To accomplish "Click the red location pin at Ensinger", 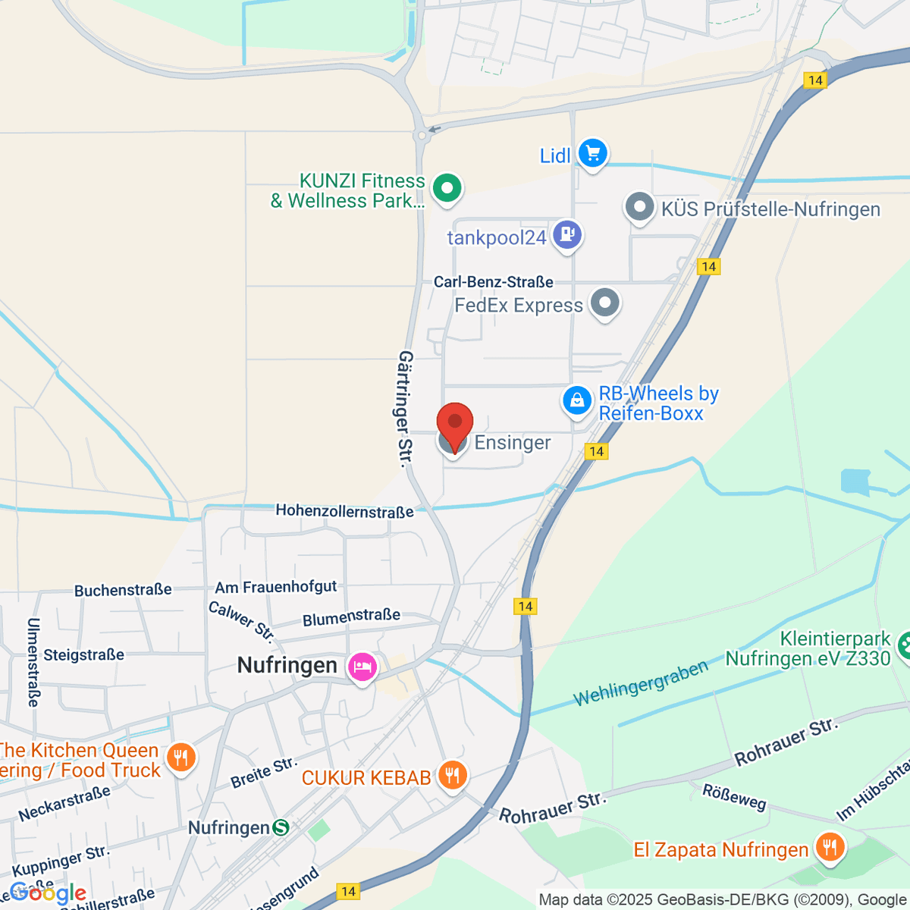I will pyautogui.click(x=455, y=423).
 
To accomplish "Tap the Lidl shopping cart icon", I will pyautogui.click(x=592, y=154).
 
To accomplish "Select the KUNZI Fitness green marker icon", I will pyautogui.click(x=447, y=187).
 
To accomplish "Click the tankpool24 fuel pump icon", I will pyautogui.click(x=566, y=234).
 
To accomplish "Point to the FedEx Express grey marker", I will pyautogui.click(x=604, y=303).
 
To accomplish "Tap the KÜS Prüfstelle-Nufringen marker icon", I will pyautogui.click(x=639, y=207).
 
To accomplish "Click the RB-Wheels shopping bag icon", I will pyautogui.click(x=576, y=400).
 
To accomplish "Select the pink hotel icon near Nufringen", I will pyautogui.click(x=362, y=667).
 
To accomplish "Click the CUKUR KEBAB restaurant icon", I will pyautogui.click(x=452, y=775).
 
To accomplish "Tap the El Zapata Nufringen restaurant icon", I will pyautogui.click(x=830, y=848).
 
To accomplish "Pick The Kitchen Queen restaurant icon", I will pyautogui.click(x=180, y=758).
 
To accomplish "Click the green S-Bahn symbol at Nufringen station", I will pyautogui.click(x=281, y=827).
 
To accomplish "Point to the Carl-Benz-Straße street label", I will pyautogui.click(x=493, y=282).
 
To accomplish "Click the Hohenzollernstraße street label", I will pyautogui.click(x=344, y=511).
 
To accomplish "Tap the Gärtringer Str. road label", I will pyautogui.click(x=406, y=409).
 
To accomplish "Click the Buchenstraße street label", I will pyautogui.click(x=123, y=590).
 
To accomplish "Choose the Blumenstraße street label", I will pyautogui.click(x=351, y=617).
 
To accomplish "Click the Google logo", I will pyautogui.click(x=49, y=893).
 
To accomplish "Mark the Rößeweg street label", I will pyautogui.click(x=734, y=797).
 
